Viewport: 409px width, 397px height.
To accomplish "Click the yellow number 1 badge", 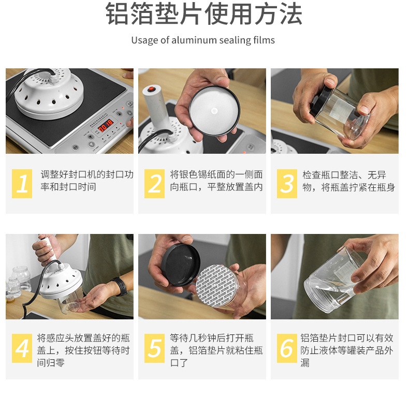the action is (22, 183).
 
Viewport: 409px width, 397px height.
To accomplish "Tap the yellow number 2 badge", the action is (154, 183).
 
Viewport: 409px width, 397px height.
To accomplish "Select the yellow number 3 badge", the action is (287, 183).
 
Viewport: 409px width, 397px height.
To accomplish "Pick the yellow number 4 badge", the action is (22, 348).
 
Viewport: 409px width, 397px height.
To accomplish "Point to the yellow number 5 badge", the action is (154, 348).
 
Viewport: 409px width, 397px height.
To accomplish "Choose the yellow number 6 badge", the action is (287, 348).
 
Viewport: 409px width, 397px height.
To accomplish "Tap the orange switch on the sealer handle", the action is (151, 89).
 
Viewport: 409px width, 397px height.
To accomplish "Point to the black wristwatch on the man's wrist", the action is (121, 286).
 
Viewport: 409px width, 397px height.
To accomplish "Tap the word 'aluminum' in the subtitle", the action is (194, 40).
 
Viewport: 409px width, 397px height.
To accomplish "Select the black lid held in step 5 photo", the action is (181, 265).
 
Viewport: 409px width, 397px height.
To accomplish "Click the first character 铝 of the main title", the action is (117, 13).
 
